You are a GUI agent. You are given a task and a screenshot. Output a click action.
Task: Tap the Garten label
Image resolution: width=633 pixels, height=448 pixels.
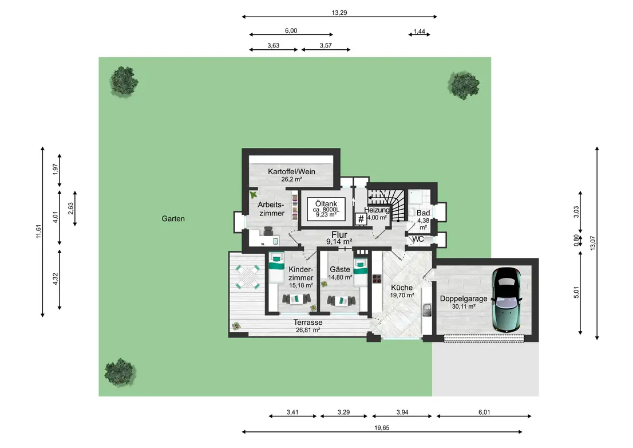click(173, 218)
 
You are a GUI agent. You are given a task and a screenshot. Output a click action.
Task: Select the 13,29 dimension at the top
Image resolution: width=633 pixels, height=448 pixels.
click(339, 13)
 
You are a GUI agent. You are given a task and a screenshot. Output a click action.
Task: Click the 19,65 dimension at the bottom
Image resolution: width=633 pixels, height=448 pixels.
click(382, 428)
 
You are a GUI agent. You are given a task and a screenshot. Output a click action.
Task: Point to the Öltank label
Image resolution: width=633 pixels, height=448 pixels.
click(326, 204)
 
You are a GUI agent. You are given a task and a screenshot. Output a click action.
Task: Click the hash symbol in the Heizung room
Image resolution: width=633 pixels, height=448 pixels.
click(361, 219)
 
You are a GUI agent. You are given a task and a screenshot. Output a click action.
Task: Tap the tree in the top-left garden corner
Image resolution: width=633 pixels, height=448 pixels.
click(124, 81)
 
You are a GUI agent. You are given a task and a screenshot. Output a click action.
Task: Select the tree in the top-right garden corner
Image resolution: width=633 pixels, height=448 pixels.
click(464, 85)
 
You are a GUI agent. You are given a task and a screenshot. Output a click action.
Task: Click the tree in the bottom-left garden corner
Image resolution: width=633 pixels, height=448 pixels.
click(120, 372)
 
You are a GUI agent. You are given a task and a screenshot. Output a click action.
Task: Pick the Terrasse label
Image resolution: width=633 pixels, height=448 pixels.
click(308, 323)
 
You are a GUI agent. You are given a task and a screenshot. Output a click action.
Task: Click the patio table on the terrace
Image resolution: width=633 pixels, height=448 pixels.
click(247, 277)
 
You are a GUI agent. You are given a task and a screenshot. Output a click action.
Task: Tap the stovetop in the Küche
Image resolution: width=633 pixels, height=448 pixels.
click(377, 278)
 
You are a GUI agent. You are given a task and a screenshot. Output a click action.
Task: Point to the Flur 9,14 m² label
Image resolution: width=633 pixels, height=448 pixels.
click(339, 238)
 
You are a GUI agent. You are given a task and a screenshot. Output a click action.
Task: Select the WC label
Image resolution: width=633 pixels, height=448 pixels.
click(418, 239)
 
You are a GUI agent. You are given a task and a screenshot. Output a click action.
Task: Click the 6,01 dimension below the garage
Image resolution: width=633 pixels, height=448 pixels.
click(484, 412)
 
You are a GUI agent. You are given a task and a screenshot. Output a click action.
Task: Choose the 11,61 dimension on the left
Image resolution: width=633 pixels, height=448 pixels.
click(39, 231)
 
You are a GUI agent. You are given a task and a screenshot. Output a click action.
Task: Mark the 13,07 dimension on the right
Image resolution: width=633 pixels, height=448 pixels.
click(592, 243)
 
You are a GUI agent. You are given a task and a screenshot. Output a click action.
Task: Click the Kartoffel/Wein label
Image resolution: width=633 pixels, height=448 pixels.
click(291, 172)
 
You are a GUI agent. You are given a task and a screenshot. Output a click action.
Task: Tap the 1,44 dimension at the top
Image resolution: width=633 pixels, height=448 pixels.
click(419, 31)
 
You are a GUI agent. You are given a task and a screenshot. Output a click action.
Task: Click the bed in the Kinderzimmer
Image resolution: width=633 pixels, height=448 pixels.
click(276, 267)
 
